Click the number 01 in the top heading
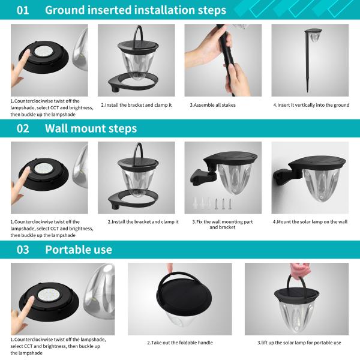(23, 10)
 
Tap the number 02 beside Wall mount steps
(23, 128)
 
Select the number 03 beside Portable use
(23, 250)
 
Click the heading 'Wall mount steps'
(91, 128)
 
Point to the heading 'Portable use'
(79, 250)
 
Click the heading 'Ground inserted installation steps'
(136, 10)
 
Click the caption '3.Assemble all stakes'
(212, 105)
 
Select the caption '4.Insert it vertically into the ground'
(311, 105)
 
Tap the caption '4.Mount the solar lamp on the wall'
(310, 222)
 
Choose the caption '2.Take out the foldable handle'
(180, 343)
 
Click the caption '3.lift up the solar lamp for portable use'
(299, 343)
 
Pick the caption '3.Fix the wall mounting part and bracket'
(223, 224)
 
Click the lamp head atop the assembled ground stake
(313, 34)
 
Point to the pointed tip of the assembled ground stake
(307, 92)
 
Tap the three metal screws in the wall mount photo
(223, 203)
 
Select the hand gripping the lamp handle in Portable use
(299, 271)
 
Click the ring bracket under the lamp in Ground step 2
(133, 82)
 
